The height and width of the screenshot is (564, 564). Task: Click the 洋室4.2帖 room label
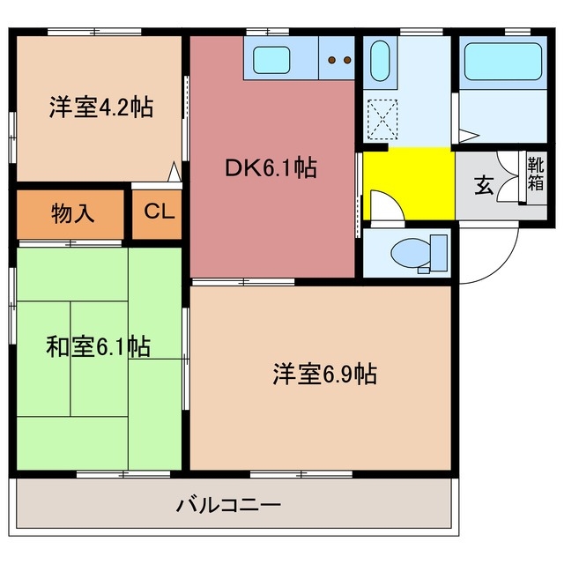100,108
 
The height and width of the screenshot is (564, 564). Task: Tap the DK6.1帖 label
271,167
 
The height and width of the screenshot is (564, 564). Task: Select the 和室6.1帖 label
98,346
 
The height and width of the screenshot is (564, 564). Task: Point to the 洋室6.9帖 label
324,375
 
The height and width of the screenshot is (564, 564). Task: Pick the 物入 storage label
73,213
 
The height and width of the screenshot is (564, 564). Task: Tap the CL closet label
160,212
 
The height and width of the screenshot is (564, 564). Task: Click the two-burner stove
337,60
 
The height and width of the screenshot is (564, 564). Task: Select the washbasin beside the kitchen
381,63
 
